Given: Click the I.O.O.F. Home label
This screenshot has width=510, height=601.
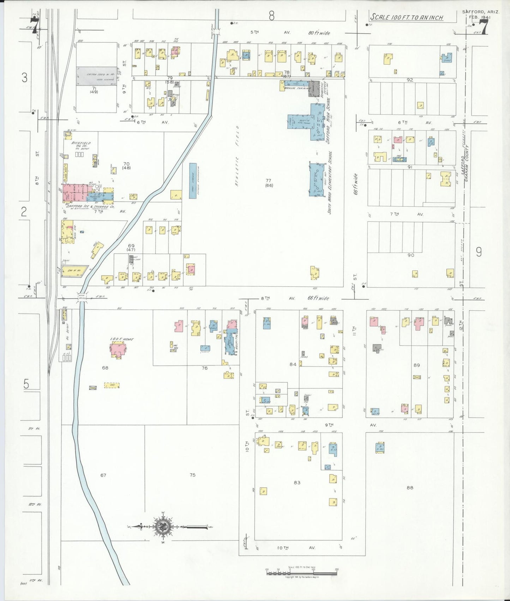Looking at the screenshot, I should coord(122,339).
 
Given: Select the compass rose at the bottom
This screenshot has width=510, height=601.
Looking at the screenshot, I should coord(163,527).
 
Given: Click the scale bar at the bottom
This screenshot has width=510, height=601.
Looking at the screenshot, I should coord(302,573).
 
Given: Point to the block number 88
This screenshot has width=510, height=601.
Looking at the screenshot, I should coord(409,488).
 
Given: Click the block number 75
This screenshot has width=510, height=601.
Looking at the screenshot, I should coord(192,475).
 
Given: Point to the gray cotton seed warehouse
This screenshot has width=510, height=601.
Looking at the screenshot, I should coord(97,76).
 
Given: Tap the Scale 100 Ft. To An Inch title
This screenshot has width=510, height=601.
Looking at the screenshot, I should coord(406,17).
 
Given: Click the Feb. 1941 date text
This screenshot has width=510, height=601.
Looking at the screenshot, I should coord(481,17).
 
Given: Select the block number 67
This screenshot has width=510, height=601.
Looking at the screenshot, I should coord(103,475).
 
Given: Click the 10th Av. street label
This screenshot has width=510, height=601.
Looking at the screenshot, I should coord(287,548).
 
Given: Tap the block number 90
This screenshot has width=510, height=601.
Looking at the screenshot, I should coord(410,255).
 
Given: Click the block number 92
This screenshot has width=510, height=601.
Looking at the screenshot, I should coord(409,80).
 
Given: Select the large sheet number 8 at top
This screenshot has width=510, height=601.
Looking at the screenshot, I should coord(271,16).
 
